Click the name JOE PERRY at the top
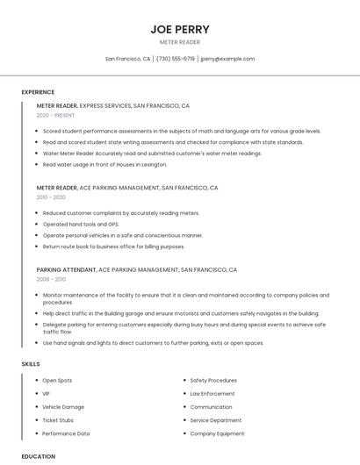point(179,29)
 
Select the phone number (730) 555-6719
point(176,59)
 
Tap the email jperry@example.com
point(227,59)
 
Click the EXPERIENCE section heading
point(38,92)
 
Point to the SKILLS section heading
point(31,363)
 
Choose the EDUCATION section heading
point(39,456)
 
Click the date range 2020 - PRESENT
point(55,115)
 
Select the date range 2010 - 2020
point(51,197)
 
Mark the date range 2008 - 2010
point(51,279)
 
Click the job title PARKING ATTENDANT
point(66,270)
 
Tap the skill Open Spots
point(57,381)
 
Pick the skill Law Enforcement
point(212,394)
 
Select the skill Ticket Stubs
point(58,420)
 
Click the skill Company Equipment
point(217,433)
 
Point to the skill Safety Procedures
point(213,381)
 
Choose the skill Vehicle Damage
point(63,407)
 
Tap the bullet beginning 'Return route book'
point(113,247)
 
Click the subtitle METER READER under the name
point(179,42)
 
